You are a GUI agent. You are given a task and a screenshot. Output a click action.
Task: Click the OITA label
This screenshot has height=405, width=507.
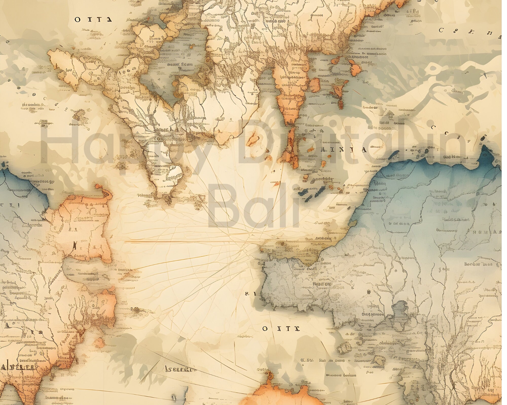pyautogui.click(x=94, y=19)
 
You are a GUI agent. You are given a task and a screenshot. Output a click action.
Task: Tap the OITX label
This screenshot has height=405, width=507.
pyautogui.click(x=281, y=329)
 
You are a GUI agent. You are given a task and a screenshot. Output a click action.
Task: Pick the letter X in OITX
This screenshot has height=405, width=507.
pyautogui.click(x=297, y=329)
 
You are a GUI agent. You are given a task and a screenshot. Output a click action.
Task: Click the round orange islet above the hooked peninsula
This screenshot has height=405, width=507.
pyautogui.click(x=97, y=187)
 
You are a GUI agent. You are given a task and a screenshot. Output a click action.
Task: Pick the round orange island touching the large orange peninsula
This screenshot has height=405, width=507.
pyautogui.click(x=315, y=84)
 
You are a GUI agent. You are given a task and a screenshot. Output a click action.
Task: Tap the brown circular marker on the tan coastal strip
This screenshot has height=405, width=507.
pyautogui.click(x=282, y=244)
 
